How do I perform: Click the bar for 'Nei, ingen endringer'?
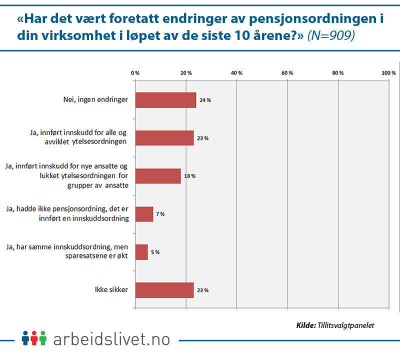[165, 100]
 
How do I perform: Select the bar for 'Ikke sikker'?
[164, 290]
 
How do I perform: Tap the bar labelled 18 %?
[158, 176]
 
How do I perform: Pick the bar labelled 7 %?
[144, 214]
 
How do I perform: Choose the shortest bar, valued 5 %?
[141, 252]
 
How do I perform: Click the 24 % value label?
[205, 100]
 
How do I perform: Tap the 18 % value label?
[189, 176]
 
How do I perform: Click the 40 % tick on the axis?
[236, 73]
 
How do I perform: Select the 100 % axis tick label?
[388, 73]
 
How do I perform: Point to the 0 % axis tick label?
[135, 73]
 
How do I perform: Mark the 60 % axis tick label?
[287, 73]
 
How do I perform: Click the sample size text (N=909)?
[330, 36]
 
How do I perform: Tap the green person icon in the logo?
[43, 337]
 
